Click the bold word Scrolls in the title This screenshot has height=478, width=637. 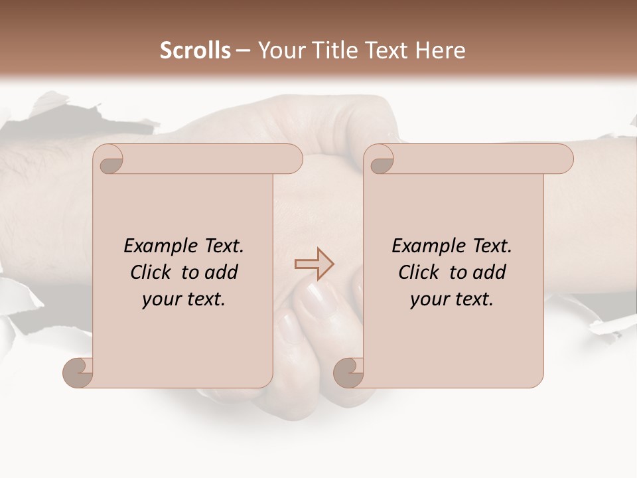pos(195,50)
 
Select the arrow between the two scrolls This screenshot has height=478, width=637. pos(314,264)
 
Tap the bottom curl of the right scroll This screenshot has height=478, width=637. pos(350,372)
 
